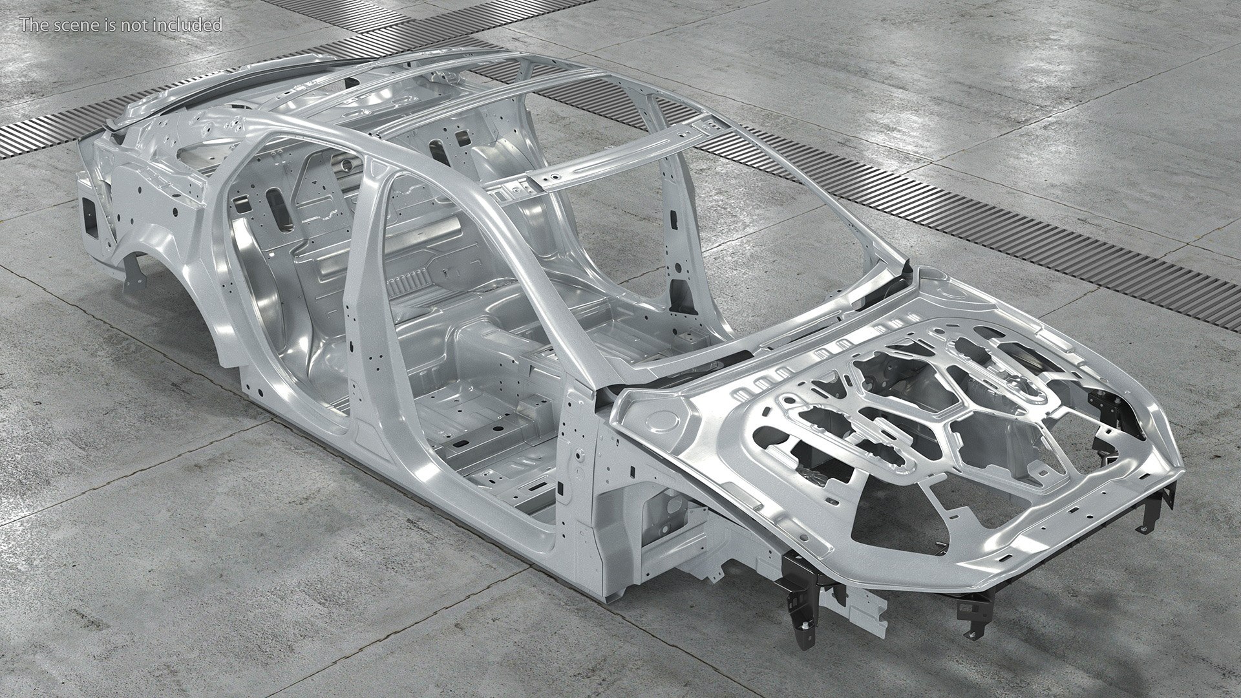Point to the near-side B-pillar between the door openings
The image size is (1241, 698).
[359, 304]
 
